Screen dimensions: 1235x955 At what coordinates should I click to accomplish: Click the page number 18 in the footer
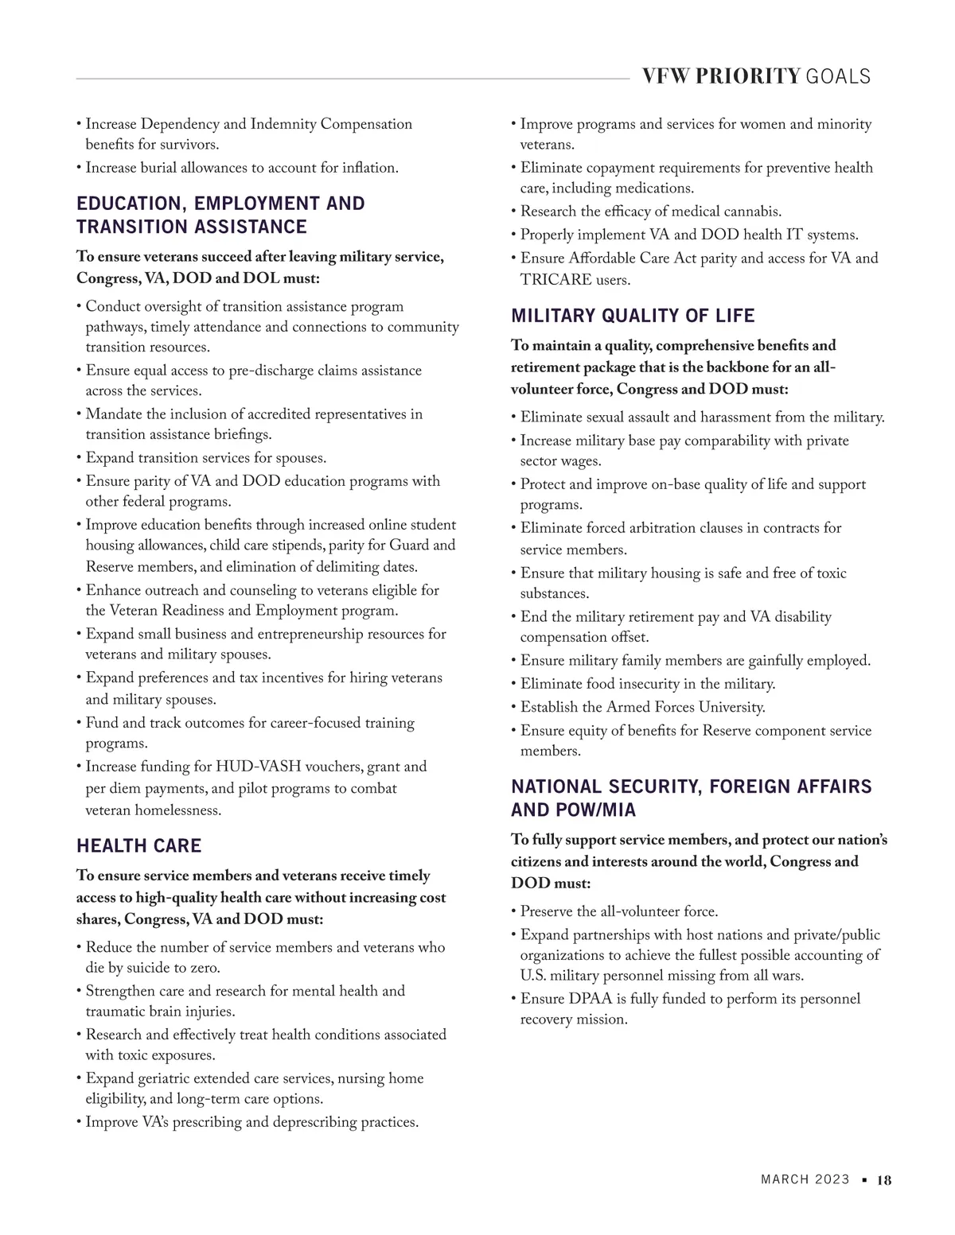point(884,1180)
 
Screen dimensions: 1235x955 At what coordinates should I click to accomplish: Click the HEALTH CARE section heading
point(138,845)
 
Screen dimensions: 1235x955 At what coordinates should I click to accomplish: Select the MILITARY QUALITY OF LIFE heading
point(633,316)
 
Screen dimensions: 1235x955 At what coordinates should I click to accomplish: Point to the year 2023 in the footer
point(832,1180)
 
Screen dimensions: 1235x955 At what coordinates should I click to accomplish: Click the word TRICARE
point(554,280)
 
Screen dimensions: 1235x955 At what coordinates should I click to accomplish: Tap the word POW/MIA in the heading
point(608,810)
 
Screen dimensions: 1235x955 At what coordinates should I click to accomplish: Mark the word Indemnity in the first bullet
point(283,124)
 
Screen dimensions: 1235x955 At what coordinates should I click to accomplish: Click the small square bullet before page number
point(864,1181)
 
